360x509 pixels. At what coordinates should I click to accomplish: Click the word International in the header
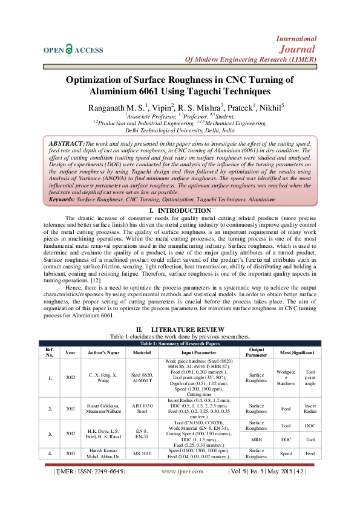pyautogui.click(x=296, y=38)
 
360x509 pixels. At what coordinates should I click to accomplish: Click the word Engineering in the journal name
pyautogui.click(x=246, y=60)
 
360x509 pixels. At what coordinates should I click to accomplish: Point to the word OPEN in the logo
pyautogui.click(x=53, y=51)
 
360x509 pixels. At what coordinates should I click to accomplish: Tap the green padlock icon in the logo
pyautogui.click(x=69, y=50)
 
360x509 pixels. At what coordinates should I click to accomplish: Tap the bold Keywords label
pyautogui.click(x=62, y=199)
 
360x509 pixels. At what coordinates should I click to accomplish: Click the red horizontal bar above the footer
pyautogui.click(x=180, y=464)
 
